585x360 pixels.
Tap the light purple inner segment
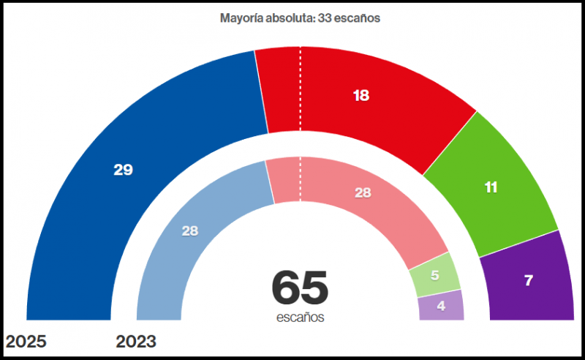click(x=441, y=305)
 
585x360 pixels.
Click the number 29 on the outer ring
click(x=123, y=170)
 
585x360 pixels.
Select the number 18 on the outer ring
click(x=361, y=96)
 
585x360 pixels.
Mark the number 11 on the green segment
click(x=491, y=187)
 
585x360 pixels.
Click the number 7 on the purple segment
click(x=528, y=280)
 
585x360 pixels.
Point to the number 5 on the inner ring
click(x=434, y=276)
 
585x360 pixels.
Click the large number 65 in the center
click(x=300, y=288)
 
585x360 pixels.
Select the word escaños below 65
click(x=300, y=318)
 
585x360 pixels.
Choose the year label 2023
click(x=137, y=342)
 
